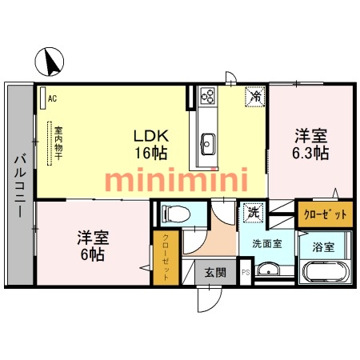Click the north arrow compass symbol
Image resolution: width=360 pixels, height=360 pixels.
[x=50, y=62]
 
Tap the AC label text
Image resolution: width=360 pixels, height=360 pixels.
[x=52, y=98]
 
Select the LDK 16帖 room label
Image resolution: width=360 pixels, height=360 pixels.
[x=151, y=144]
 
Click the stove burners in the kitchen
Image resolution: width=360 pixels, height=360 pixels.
[x=208, y=96]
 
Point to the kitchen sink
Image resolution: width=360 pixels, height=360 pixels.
[x=208, y=144]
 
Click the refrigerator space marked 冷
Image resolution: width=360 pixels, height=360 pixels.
[x=255, y=97]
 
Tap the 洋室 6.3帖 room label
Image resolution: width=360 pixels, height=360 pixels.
[x=310, y=144]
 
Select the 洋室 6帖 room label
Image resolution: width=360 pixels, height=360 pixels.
[x=93, y=246]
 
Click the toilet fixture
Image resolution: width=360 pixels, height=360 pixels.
[x=175, y=214]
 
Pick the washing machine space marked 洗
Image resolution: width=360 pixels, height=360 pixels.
[x=254, y=212]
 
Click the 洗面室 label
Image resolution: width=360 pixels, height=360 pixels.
[x=267, y=244]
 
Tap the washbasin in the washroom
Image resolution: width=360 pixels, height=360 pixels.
[x=268, y=270]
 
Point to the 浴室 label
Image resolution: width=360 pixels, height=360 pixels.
[x=323, y=247]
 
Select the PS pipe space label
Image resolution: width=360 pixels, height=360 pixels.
[x=246, y=273]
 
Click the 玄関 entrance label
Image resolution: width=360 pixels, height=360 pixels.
[x=215, y=273]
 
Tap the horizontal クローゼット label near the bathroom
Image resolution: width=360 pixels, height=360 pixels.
[x=326, y=214]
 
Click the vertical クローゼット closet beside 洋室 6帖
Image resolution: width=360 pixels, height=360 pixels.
[x=166, y=258]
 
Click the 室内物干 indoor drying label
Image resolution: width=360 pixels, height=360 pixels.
[x=58, y=143]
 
